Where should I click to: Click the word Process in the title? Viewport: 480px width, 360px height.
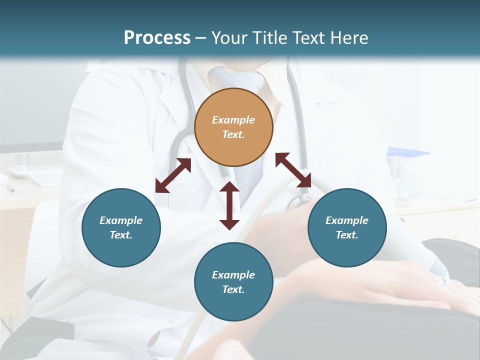[x=157, y=38]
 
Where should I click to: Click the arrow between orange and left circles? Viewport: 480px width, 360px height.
[x=173, y=175]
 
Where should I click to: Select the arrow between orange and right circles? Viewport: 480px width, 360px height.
[x=293, y=170]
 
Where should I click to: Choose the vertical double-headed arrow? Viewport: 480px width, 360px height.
[x=229, y=205]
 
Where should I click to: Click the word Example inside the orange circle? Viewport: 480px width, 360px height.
[x=233, y=120]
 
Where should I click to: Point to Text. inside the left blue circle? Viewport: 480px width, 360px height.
[x=121, y=235]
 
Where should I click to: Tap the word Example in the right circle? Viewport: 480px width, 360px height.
[x=347, y=220]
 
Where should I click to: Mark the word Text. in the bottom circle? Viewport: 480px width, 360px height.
[x=233, y=289]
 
